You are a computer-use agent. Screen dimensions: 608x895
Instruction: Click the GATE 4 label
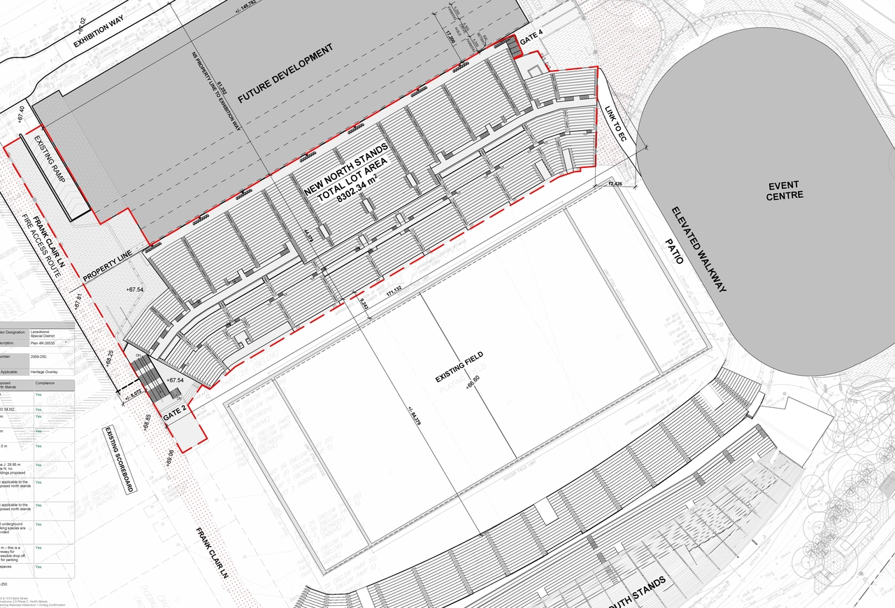click(531, 35)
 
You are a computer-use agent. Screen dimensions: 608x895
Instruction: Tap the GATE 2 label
click(175, 414)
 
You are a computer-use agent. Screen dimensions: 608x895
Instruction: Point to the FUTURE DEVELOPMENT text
click(285, 74)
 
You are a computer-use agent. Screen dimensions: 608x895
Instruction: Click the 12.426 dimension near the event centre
click(615, 183)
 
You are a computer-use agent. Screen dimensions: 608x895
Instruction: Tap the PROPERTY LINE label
click(107, 267)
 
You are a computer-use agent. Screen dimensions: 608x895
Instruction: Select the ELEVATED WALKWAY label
click(699, 250)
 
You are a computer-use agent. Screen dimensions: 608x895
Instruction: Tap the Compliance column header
click(44, 383)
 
